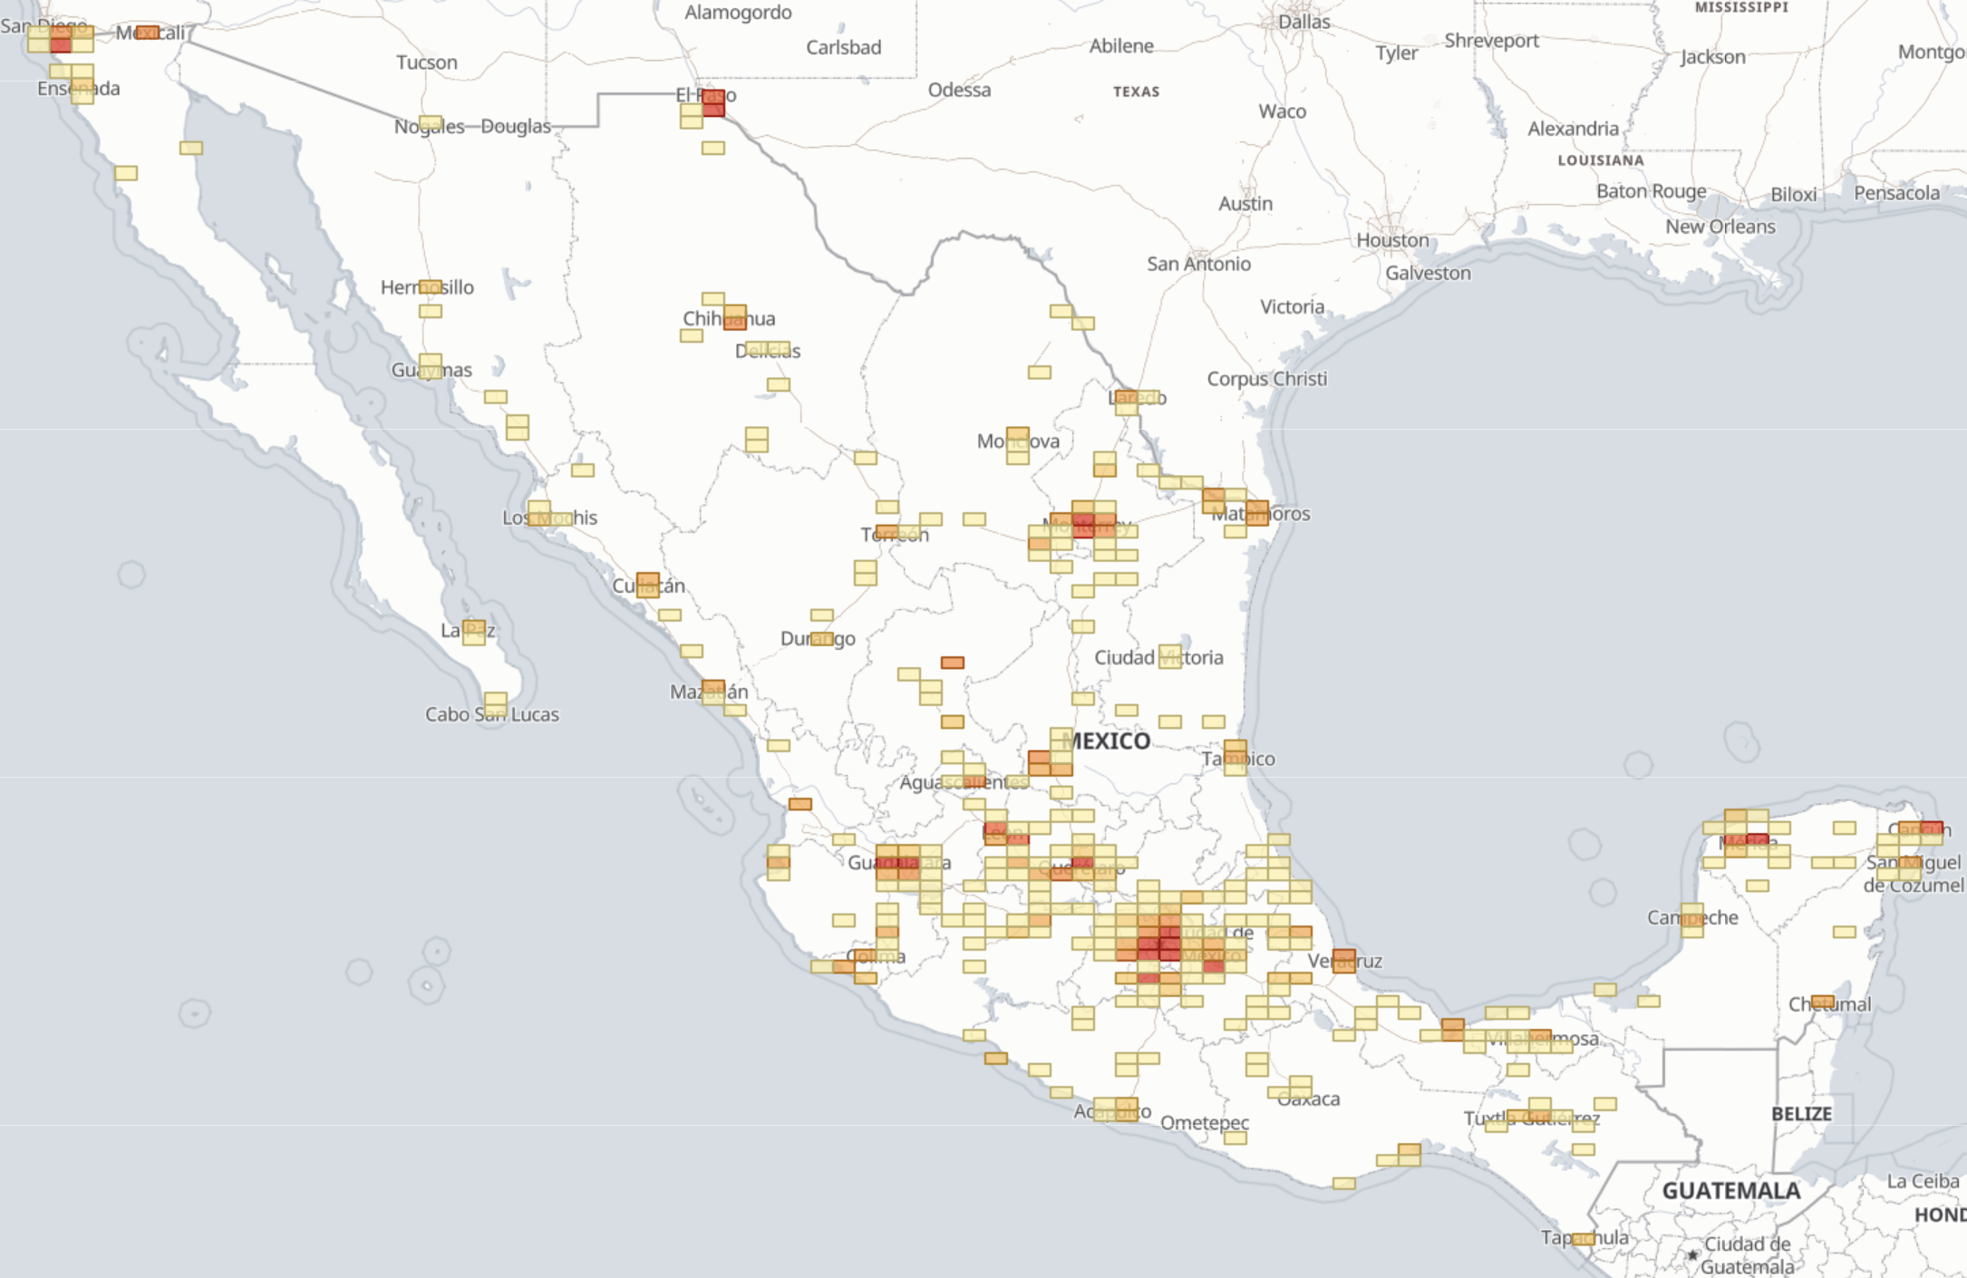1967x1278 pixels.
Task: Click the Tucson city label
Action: click(426, 63)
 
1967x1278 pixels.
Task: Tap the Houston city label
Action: click(1392, 240)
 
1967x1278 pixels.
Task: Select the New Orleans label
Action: click(1720, 227)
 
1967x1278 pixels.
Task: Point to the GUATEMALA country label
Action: click(1730, 1191)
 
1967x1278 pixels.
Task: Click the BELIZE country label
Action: click(1801, 1114)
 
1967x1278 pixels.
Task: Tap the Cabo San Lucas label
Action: click(492, 714)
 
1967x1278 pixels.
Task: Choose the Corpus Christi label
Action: click(1266, 379)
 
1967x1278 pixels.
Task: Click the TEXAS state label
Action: click(1136, 92)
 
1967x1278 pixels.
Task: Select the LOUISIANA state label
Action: click(1600, 160)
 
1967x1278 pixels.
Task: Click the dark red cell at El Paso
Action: click(713, 103)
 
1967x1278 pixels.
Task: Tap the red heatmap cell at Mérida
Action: click(1757, 840)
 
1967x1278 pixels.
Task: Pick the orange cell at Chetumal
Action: click(1823, 1002)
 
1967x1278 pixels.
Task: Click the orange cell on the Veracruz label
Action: click(1344, 960)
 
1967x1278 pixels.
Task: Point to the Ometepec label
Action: click(1204, 1123)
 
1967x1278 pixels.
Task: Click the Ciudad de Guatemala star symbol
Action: click(1691, 1255)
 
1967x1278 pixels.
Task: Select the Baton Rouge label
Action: click(1651, 191)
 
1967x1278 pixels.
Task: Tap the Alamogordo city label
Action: click(738, 13)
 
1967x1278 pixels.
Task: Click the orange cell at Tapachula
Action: click(1583, 1239)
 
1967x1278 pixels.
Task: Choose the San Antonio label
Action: click(1198, 264)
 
